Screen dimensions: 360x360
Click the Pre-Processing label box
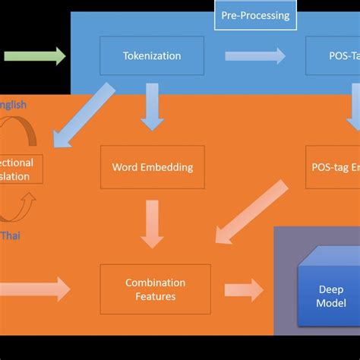pyautogui.click(x=254, y=15)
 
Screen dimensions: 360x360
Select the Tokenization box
pyautogui.click(x=152, y=55)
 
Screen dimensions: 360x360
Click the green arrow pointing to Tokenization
pyautogui.click(x=35, y=55)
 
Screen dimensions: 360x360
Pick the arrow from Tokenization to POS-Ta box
pyautogui.click(x=255, y=55)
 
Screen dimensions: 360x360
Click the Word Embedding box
pyautogui.click(x=152, y=167)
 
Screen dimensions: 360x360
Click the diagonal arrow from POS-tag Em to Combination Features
pyautogui.click(x=251, y=213)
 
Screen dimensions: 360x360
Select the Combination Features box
pyautogui.click(x=156, y=289)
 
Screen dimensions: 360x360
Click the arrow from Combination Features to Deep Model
pyautogui.click(x=243, y=289)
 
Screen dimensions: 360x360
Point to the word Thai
pyautogui.click(x=11, y=235)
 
